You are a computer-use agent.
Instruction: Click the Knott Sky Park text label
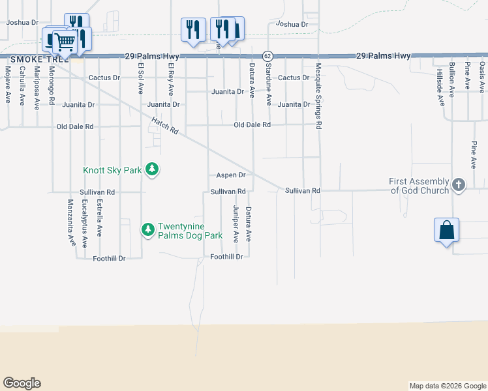click(112, 171)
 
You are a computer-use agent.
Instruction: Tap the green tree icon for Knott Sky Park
click(151, 169)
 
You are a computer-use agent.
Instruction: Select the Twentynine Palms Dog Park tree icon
click(148, 229)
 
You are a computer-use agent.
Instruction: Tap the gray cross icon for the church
click(458, 186)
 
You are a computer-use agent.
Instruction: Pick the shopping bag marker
click(446, 231)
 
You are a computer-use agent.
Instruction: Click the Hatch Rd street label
click(165, 126)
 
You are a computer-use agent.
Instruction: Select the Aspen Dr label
click(231, 175)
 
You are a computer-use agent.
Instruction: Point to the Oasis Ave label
click(482, 76)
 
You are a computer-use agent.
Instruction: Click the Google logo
click(22, 383)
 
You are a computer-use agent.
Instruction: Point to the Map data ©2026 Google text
click(447, 386)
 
